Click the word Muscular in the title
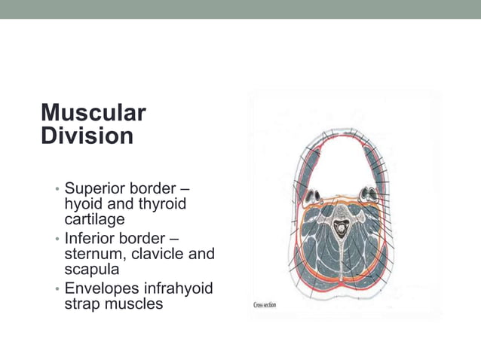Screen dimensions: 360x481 93,113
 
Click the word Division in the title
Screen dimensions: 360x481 87,136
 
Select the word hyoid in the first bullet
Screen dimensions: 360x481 84,204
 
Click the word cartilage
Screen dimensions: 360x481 94,220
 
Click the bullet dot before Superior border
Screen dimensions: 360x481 57,189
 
